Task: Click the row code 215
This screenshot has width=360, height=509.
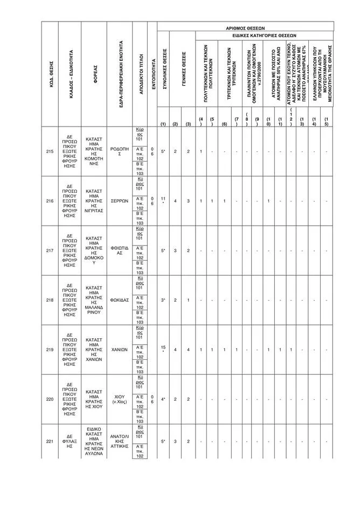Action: [50, 151]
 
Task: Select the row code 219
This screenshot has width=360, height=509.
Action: [50, 350]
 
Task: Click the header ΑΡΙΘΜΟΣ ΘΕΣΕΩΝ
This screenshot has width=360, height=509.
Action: [245, 26]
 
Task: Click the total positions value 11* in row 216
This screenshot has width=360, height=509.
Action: [163, 200]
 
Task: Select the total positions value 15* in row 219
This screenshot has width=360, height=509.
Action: [163, 349]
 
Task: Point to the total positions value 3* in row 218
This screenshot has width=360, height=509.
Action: [163, 300]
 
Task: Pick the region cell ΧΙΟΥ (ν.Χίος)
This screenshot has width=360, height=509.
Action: [119, 399]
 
